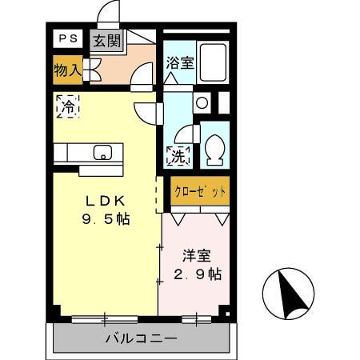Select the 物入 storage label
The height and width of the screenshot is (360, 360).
(x=67, y=70)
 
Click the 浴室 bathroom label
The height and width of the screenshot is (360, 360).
(x=179, y=62)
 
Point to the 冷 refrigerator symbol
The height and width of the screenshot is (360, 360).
(x=68, y=105)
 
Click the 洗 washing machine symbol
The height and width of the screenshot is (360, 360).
(x=178, y=155)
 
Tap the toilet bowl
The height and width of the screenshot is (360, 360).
(x=215, y=150)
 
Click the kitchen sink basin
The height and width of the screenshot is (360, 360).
(x=102, y=152)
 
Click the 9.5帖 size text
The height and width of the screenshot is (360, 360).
(x=105, y=219)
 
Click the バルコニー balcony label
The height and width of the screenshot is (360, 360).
(x=141, y=338)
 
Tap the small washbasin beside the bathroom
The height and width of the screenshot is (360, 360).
(x=202, y=102)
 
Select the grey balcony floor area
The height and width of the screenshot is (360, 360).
(x=80, y=338)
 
